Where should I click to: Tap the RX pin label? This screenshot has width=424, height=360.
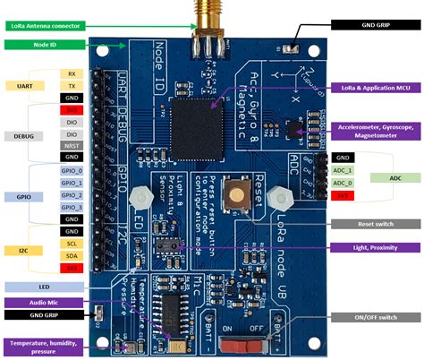click(72, 73)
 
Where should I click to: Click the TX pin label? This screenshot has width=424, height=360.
click(72, 85)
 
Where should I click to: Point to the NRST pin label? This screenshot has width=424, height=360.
click(72, 145)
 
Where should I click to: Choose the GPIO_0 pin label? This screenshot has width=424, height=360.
click(72, 169)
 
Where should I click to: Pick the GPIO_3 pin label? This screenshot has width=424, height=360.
click(72, 206)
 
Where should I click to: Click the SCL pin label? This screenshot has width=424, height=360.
click(72, 243)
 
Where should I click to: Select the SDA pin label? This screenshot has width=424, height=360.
click(72, 254)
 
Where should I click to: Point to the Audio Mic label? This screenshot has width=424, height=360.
click(30, 303)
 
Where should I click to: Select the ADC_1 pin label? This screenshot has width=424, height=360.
click(341, 169)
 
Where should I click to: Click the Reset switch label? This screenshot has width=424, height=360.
click(375, 224)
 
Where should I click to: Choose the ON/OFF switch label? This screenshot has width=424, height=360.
click(375, 316)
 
